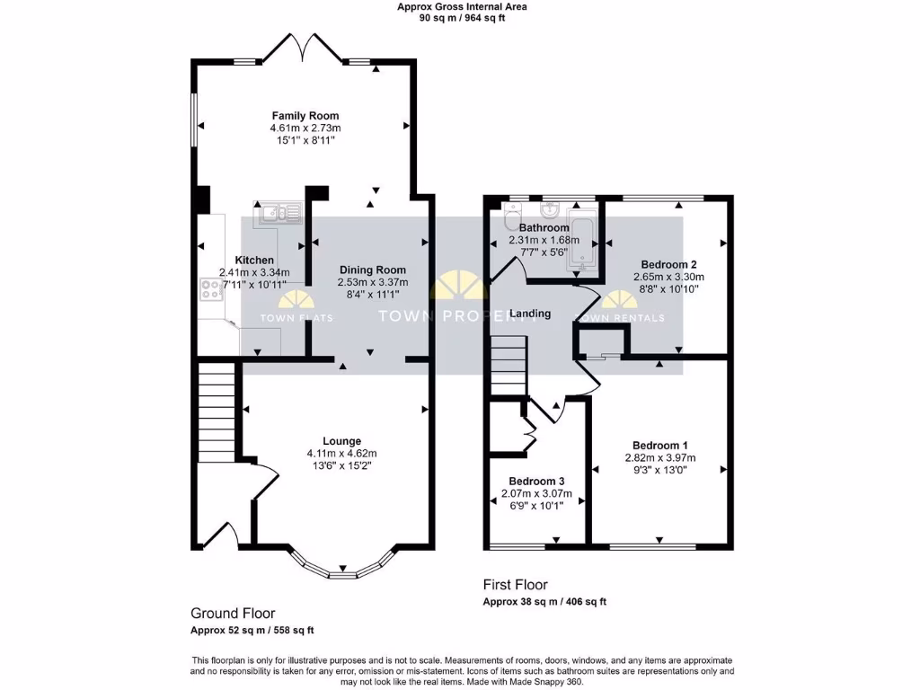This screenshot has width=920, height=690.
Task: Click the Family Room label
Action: (x=305, y=116)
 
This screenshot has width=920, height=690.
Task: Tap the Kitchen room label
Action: (x=254, y=261)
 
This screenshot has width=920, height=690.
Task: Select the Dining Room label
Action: (x=372, y=270)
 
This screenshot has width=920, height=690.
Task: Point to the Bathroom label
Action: (x=544, y=228)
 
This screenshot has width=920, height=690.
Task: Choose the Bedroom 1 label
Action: (x=659, y=446)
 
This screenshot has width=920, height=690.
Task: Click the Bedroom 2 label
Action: (x=669, y=265)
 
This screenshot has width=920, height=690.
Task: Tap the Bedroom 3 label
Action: (x=536, y=481)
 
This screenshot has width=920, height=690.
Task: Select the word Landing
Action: (x=530, y=314)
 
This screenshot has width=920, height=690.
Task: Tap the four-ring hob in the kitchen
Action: (x=211, y=289)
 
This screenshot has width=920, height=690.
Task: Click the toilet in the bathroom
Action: (x=512, y=217)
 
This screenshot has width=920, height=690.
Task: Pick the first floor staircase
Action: (x=509, y=365)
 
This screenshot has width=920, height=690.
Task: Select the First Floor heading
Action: (x=515, y=585)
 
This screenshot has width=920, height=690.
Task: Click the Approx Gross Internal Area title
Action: (x=462, y=6)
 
